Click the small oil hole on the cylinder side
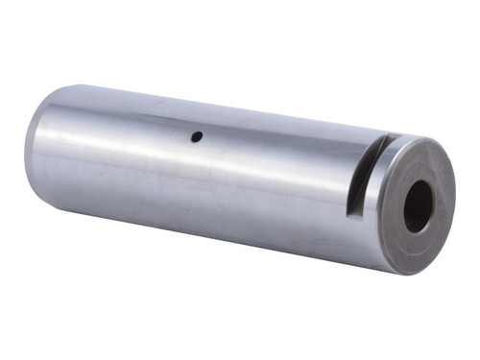point(196,136)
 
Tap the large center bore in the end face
point(419,205)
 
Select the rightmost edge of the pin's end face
point(455,197)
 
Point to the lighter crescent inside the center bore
point(410,206)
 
